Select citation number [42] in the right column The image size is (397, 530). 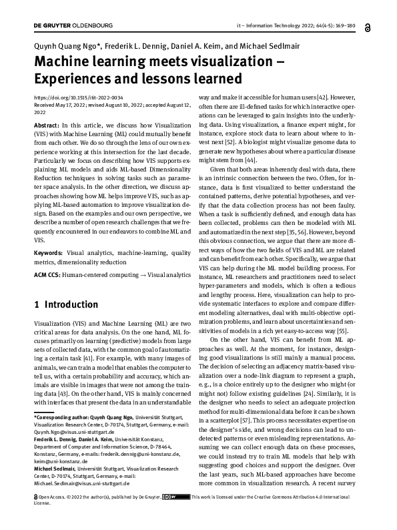[x=323, y=97]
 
